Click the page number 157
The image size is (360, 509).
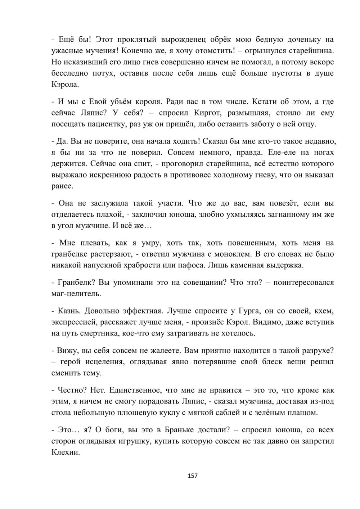click(x=193, y=476)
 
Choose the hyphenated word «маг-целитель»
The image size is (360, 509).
click(x=76, y=294)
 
